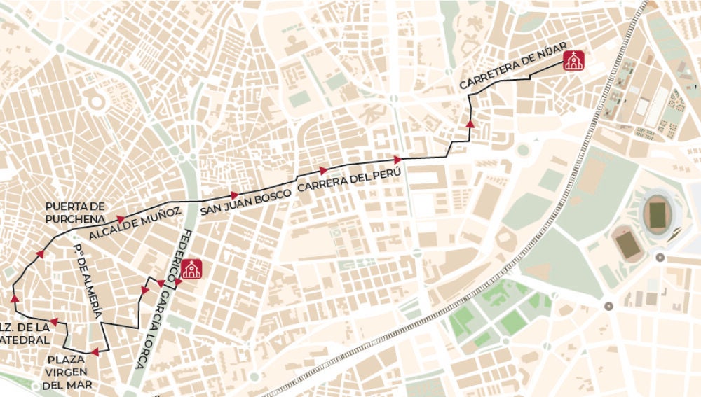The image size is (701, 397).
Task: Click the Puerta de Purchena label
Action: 75,212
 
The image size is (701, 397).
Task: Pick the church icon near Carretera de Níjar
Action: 574,61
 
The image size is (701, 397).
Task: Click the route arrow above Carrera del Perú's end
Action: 397,160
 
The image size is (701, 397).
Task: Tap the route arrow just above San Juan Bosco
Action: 234,195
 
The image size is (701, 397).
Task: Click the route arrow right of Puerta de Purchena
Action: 121,219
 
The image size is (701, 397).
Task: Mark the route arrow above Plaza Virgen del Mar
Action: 94,352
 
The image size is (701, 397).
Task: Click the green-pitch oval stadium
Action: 658,214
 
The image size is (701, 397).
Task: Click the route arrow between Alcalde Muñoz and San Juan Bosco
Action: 234,195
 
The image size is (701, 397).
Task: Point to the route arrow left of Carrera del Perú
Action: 323,170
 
